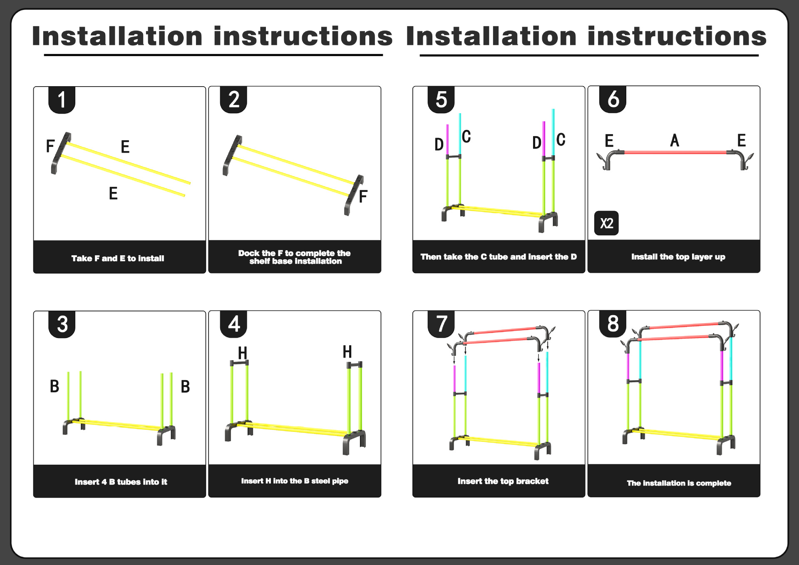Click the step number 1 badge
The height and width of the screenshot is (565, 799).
click(x=62, y=100)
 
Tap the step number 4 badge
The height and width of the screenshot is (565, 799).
click(x=233, y=324)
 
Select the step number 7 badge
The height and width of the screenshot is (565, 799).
click(x=441, y=324)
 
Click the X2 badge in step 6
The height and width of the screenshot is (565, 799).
click(x=606, y=223)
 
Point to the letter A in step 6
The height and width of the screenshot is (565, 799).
click(x=675, y=140)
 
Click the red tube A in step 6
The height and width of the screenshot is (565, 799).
click(x=675, y=152)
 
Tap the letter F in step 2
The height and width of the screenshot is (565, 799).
click(x=363, y=196)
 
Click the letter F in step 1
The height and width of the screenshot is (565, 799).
click(x=50, y=146)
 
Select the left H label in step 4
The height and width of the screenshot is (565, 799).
click(x=243, y=353)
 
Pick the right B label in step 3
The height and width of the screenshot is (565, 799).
click(x=185, y=387)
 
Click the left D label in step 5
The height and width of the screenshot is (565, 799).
click(x=439, y=144)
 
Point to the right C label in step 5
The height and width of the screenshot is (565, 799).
click(x=561, y=139)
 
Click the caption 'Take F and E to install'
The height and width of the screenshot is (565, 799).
click(x=118, y=259)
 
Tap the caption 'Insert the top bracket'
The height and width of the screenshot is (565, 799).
click(x=503, y=481)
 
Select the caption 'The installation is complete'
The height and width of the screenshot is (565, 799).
click(x=679, y=483)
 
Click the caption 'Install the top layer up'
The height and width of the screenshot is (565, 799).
click(x=678, y=257)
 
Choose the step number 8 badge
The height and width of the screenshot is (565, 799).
click(x=613, y=324)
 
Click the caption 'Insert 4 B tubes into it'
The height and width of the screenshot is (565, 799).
click(x=121, y=482)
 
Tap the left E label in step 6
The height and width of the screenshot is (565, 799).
click(x=609, y=141)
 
